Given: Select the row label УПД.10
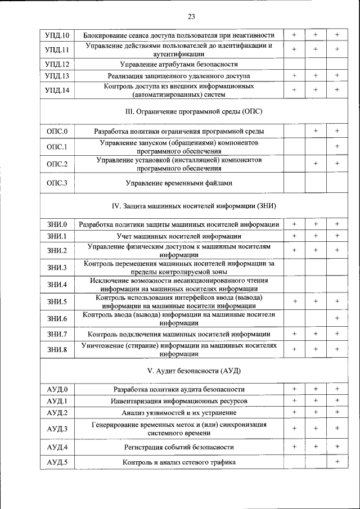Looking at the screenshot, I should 57,35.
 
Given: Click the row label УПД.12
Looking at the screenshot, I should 57,64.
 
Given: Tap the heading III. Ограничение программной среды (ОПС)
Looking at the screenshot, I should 179,111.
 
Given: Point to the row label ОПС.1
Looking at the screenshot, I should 57,147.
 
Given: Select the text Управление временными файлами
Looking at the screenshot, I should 179,183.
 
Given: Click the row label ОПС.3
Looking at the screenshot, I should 57,183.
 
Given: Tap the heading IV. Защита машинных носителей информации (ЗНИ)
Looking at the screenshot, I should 179,205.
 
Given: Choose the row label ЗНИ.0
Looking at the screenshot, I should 57,225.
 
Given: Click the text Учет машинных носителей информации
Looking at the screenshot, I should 179,236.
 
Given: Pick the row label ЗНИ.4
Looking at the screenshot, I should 57,285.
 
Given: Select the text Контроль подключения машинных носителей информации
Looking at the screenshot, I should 179,334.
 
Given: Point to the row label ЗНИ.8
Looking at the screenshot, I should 57,350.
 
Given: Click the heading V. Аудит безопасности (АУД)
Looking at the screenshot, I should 179,371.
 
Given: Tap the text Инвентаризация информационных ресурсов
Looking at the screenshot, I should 179,401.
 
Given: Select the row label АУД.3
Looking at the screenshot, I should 57,429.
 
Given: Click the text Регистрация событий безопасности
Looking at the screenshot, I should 179,447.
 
